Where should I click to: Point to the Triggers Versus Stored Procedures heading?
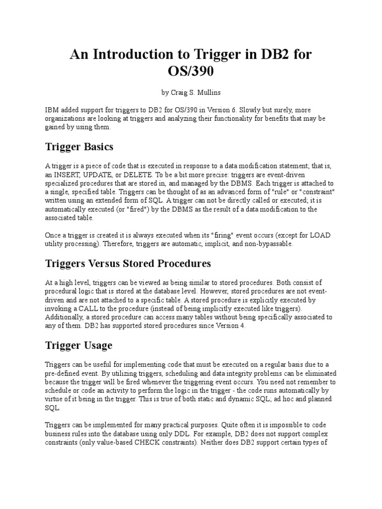pyautogui.click(x=128, y=263)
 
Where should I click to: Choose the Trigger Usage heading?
pyautogui.click(x=79, y=345)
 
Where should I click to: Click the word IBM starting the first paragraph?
pyautogui.click(x=52, y=109)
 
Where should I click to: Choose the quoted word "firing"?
pyautogui.click(x=208, y=235)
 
